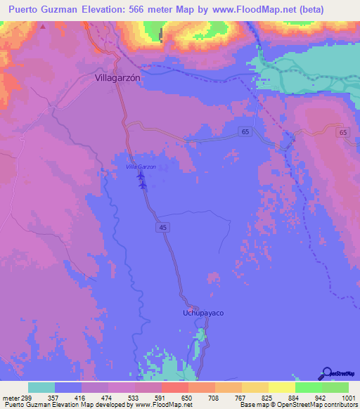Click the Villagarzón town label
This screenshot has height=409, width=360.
[118, 79]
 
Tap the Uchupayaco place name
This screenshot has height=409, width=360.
[203, 312]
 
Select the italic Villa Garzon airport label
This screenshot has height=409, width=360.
[141, 167]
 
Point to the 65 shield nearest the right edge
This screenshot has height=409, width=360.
[342, 132]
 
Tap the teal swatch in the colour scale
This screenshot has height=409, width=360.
[41, 387]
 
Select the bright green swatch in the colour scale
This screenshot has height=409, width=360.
[308, 387]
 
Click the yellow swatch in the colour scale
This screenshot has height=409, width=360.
[281, 387]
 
